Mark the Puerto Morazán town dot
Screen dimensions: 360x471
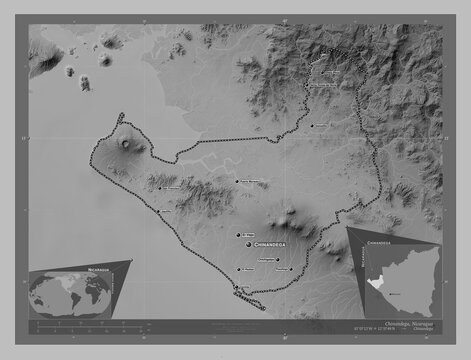(237, 180)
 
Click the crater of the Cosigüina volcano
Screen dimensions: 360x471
(127, 145)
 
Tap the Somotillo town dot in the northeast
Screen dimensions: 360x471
(313, 124)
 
